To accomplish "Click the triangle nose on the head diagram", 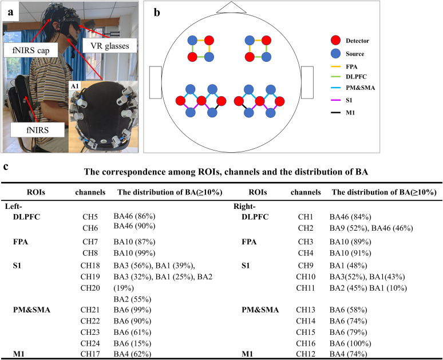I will (231, 6).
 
